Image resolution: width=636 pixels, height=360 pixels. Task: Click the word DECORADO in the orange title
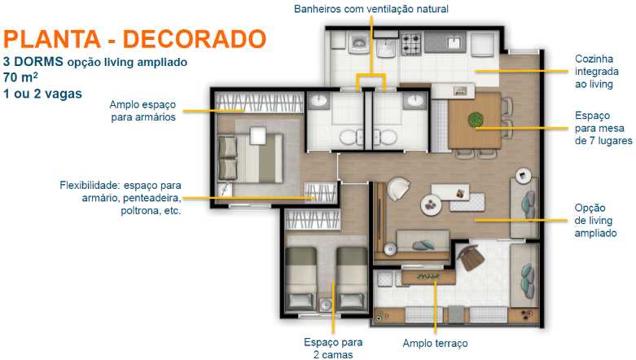pyautogui.click(x=195, y=39)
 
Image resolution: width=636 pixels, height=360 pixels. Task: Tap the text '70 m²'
pyautogui.click(x=20, y=77)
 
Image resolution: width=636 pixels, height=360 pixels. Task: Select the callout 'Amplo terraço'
pyautogui.click(x=435, y=344)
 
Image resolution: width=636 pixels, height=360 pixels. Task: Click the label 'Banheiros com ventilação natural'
pyautogui.click(x=371, y=9)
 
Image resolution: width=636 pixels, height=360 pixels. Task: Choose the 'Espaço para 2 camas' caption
pyautogui.click(x=333, y=349)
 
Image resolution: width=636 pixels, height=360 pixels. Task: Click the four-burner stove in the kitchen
pyautogui.click(x=411, y=44)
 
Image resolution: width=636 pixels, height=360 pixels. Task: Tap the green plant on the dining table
pyautogui.click(x=475, y=120)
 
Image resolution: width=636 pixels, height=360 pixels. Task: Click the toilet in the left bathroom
pyautogui.click(x=351, y=137)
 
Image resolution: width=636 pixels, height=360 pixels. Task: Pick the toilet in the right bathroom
pyautogui.click(x=385, y=137)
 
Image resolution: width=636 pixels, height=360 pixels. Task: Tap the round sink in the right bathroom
pyautogui.click(x=414, y=100)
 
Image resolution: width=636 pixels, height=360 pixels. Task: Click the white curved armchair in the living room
pyautogui.click(x=398, y=188)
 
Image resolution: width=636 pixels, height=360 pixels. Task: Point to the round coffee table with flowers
pyautogui.click(x=431, y=205)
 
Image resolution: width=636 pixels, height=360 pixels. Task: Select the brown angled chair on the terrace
pyautogui.click(x=471, y=257)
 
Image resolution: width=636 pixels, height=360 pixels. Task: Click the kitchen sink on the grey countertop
pyautogui.click(x=454, y=42)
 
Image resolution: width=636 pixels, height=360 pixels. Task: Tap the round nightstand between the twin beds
pyautogui.click(x=325, y=305)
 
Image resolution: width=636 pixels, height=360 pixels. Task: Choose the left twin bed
pyautogui.click(x=301, y=279)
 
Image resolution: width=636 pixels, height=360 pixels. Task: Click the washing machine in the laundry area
pyautogui.click(x=358, y=43)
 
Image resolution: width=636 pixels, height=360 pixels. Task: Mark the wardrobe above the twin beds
pyautogui.click(x=313, y=221)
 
